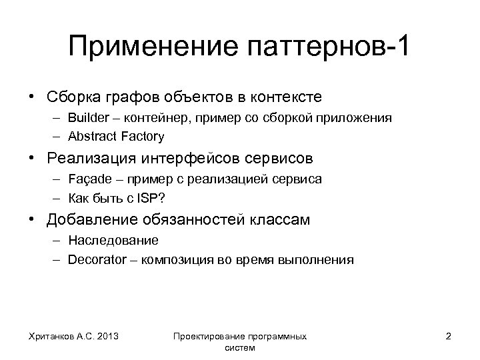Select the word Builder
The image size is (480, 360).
pyautogui.click(x=87, y=118)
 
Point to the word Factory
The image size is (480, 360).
pyautogui.click(x=142, y=136)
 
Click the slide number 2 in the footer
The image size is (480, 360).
pyautogui.click(x=448, y=336)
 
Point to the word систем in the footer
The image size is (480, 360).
pyautogui.click(x=241, y=347)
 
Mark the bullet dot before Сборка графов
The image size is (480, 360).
pyautogui.click(x=31, y=97)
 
